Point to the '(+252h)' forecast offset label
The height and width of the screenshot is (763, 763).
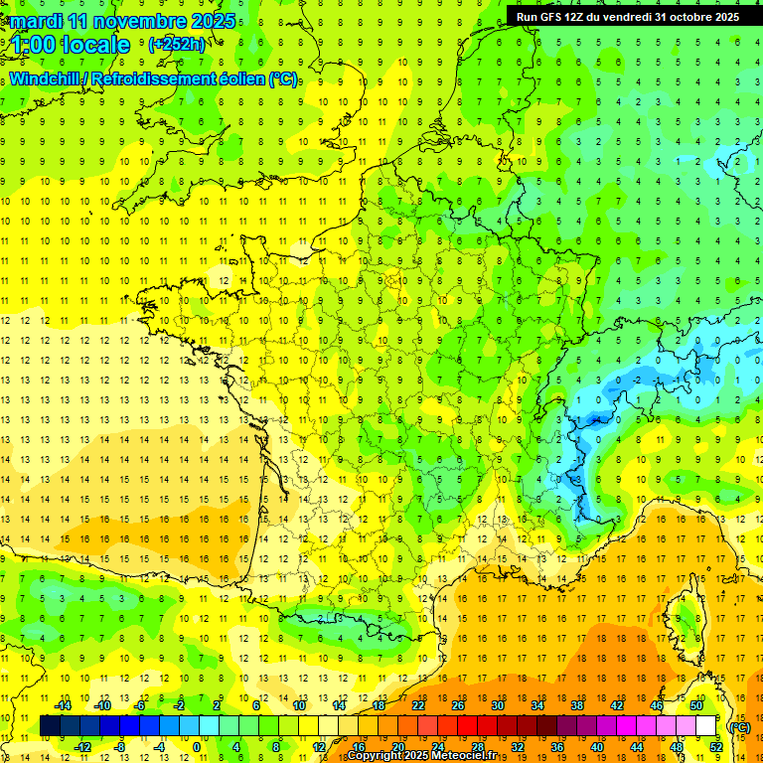click(176, 45)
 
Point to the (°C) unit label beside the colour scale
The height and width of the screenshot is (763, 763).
click(739, 727)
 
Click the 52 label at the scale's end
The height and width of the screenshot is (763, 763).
click(716, 747)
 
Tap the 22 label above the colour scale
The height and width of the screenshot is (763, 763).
click(418, 705)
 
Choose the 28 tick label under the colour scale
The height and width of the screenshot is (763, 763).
click(478, 747)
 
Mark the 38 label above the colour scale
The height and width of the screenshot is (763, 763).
click(577, 705)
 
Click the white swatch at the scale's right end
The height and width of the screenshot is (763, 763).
click(706, 726)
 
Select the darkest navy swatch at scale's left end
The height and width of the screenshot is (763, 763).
click(51, 726)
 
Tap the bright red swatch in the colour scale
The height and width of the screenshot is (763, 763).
click(468, 726)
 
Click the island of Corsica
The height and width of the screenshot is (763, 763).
click(686, 621)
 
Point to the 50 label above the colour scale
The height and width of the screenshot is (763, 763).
click(696, 705)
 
